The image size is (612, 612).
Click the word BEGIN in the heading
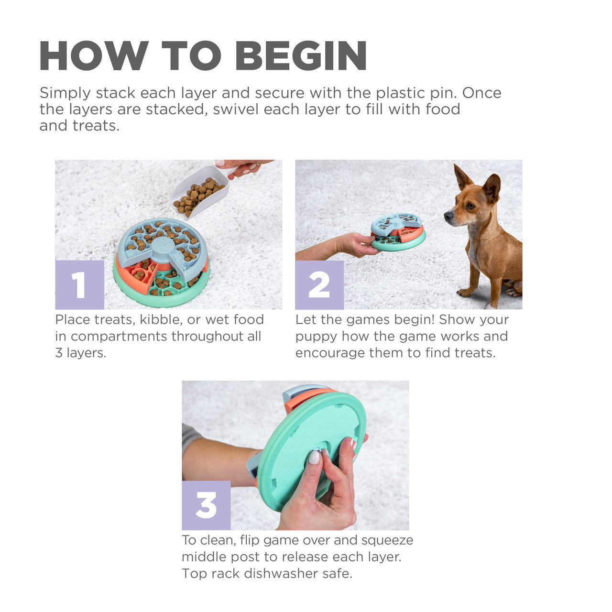[301, 56]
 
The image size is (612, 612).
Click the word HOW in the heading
[94, 56]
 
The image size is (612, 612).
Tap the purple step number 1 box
[79, 284]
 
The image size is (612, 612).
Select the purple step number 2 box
[319, 284]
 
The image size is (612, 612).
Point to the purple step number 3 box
[206, 505]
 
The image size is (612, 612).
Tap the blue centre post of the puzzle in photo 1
[163, 246]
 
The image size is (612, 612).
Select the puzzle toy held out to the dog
[398, 231]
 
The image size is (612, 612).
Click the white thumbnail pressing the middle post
[314, 457]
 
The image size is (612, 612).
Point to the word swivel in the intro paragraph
[236, 109]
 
